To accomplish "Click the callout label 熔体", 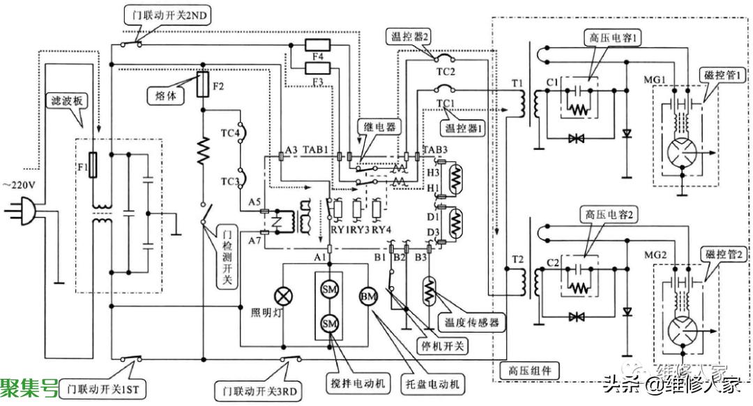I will pyautogui.click(x=166, y=95).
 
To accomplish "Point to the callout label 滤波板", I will pyautogui.click(x=65, y=101).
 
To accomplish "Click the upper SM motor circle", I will pyautogui.click(x=329, y=288).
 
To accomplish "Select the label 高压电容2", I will pyautogui.click(x=603, y=216).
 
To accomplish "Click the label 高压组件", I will pyautogui.click(x=531, y=372).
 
